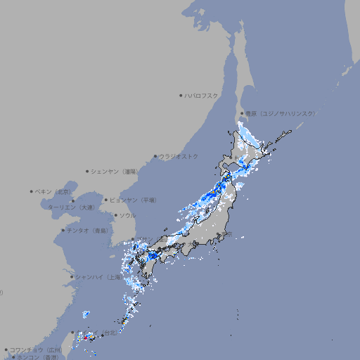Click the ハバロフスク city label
202,95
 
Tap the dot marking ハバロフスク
181,95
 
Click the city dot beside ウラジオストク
155,157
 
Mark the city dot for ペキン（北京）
32,191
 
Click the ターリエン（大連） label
71,207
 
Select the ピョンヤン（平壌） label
133,200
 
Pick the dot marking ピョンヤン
106,200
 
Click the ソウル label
127,216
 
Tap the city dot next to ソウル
115,216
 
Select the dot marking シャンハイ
72,277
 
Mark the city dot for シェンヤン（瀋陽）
88,171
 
